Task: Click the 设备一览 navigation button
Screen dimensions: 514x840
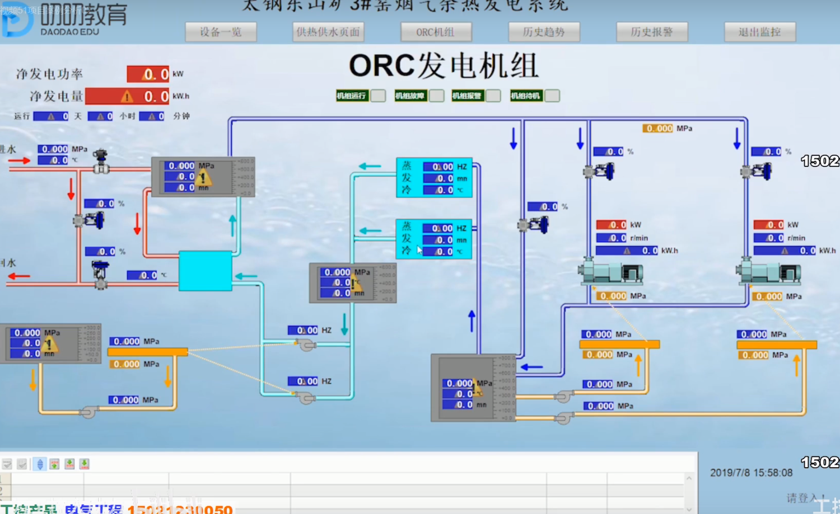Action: pos(221,32)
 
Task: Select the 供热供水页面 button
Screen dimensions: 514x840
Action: pos(328,32)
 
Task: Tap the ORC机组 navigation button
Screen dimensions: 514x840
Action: pos(436,32)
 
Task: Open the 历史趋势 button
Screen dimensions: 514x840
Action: pos(544,32)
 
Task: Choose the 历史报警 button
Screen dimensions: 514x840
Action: pos(651,32)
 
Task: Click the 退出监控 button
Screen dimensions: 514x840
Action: pos(759,32)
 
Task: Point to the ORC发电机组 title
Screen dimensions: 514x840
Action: pos(444,65)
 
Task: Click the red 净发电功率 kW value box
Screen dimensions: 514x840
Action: pos(148,74)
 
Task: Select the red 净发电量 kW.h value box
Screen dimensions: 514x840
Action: pos(127,96)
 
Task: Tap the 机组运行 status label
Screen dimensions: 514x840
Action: pos(351,96)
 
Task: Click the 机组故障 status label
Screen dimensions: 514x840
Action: pos(409,96)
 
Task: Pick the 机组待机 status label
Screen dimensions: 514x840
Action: pos(525,96)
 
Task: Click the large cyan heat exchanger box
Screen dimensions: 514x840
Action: pos(205,271)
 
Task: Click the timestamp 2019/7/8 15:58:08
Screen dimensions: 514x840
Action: pos(751,473)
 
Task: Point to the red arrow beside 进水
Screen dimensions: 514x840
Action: pos(19,161)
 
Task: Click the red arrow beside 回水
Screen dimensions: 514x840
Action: pos(19,276)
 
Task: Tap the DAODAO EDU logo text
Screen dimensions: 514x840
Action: pos(70,32)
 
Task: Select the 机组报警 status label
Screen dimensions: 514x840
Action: pos(467,96)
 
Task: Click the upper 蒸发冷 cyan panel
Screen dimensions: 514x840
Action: pos(434,178)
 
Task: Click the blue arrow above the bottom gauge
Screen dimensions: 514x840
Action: pos(472,320)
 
